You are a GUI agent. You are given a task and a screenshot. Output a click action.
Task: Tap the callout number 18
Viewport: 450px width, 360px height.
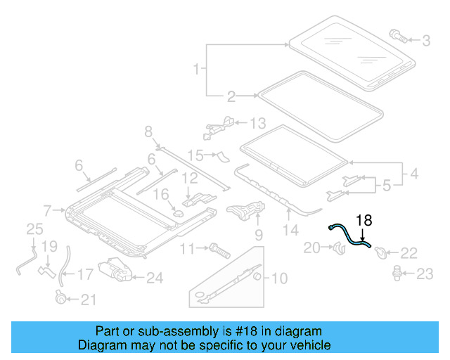pyautogui.click(x=363, y=219)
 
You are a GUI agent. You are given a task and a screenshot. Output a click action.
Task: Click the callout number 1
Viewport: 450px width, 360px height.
pyautogui.click(x=197, y=69)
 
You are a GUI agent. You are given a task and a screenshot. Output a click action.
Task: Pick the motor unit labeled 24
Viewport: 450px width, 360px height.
pyautogui.click(x=115, y=271)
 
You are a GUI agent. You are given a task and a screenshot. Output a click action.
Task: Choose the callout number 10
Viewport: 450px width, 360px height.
pyautogui.click(x=278, y=279)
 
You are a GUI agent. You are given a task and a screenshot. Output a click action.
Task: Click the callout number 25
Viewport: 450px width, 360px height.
pyautogui.click(x=34, y=229)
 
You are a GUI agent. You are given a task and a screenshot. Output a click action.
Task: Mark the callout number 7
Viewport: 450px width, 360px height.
pyautogui.click(x=48, y=210)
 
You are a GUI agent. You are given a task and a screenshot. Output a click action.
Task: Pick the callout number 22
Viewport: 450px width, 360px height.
pyautogui.click(x=408, y=252)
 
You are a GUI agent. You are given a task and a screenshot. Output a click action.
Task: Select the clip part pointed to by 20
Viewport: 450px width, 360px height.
pyautogui.click(x=337, y=247)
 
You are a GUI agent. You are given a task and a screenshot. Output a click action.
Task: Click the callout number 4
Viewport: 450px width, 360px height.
pyautogui.click(x=415, y=172)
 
